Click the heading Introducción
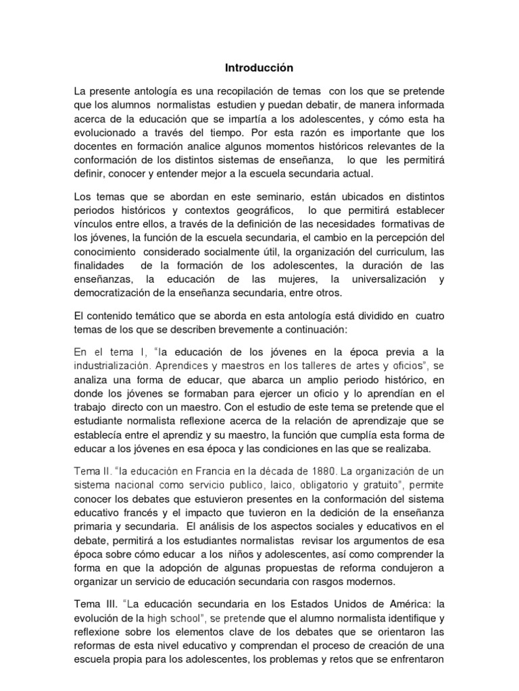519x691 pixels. (259, 67)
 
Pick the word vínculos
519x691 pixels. (96, 223)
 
